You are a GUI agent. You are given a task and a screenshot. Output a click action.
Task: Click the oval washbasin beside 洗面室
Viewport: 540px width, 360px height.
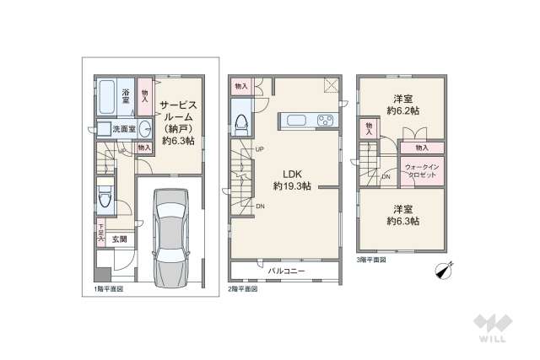(x=144, y=129)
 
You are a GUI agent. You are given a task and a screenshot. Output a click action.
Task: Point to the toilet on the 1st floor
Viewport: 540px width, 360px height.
(x=104, y=196)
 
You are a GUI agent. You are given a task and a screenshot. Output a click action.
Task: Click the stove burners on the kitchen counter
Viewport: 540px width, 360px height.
(x=325, y=121)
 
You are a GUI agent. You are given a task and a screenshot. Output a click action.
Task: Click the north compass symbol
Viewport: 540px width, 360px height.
(x=444, y=271)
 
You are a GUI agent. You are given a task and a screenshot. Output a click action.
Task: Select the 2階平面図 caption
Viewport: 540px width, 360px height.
(x=243, y=288)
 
